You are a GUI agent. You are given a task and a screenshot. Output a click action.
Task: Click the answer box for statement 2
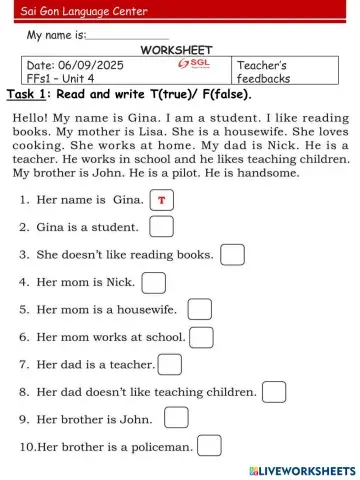(x=161, y=227)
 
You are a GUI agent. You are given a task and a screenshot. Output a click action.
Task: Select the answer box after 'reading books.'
(x=232, y=255)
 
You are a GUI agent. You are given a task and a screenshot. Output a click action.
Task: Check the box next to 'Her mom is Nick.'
(x=153, y=283)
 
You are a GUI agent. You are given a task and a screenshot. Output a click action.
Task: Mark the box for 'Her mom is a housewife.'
(x=200, y=310)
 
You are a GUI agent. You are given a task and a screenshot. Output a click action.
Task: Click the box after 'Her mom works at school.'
(x=201, y=337)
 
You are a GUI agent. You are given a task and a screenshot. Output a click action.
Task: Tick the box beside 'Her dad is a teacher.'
(x=170, y=364)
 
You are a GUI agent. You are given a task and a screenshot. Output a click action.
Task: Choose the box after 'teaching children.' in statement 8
(x=274, y=391)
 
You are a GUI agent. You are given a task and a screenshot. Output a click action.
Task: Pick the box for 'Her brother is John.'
(x=176, y=418)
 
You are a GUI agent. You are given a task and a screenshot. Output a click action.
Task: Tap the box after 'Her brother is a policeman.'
(x=209, y=445)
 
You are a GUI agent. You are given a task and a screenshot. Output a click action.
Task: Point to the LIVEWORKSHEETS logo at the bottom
(x=301, y=469)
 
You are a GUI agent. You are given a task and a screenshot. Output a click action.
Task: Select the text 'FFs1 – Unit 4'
(x=60, y=77)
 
